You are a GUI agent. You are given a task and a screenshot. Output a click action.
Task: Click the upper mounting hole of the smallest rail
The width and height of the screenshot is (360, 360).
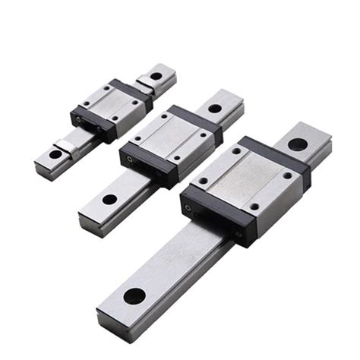point(156,75)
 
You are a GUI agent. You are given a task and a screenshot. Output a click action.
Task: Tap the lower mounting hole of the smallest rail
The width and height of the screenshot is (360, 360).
point(55,154)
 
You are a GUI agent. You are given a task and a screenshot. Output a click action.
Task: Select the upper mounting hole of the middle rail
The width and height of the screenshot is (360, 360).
point(215,109)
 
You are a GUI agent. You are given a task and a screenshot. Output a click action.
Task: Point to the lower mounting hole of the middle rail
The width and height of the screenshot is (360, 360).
point(110,200)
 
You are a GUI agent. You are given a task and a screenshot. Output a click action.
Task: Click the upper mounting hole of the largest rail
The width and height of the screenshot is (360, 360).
point(297,144)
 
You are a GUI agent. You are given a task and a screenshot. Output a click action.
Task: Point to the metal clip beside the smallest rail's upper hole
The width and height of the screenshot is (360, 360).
point(144,85)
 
